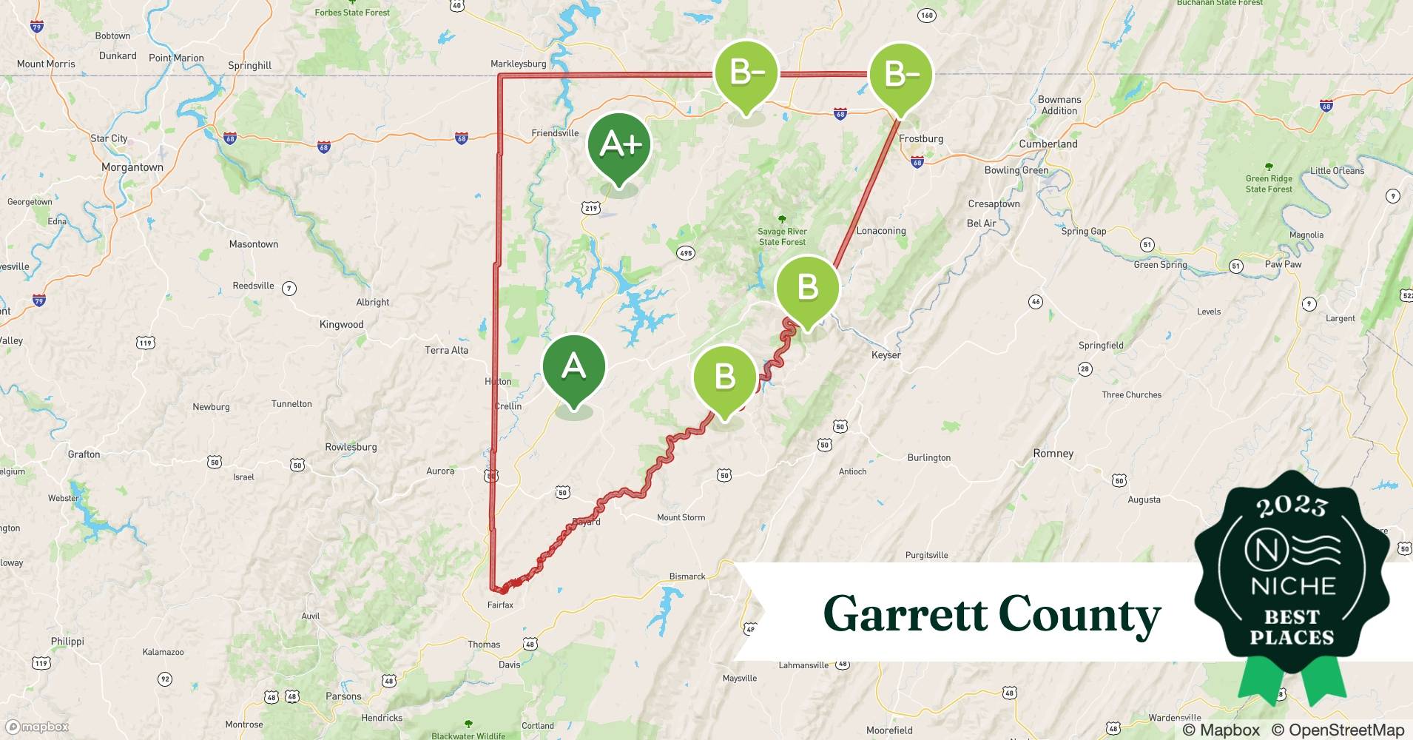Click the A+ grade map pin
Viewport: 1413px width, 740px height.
pyautogui.click(x=619, y=145)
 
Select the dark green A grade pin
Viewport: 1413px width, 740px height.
pyautogui.click(x=573, y=367)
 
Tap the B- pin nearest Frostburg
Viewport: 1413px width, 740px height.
pyautogui.click(x=900, y=75)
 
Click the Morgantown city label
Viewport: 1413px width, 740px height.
pyautogui.click(x=132, y=167)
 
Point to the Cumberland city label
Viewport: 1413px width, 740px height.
pyautogui.click(x=1048, y=144)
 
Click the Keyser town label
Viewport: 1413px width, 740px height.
pyautogui.click(x=886, y=355)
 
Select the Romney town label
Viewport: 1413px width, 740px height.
pyautogui.click(x=1053, y=454)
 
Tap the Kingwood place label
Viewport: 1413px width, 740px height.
pyautogui.click(x=341, y=325)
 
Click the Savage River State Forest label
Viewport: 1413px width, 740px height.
pyautogui.click(x=782, y=237)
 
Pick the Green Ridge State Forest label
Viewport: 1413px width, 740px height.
pyautogui.click(x=1269, y=184)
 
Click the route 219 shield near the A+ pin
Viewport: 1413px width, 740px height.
pyautogui.click(x=590, y=208)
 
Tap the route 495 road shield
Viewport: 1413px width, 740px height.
pyautogui.click(x=685, y=253)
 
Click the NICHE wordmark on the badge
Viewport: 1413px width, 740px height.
pyautogui.click(x=1292, y=586)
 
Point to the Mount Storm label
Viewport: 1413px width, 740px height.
pyautogui.click(x=681, y=518)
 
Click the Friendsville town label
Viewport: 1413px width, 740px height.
pyautogui.click(x=555, y=133)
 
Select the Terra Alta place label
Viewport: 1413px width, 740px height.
pyautogui.click(x=446, y=351)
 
